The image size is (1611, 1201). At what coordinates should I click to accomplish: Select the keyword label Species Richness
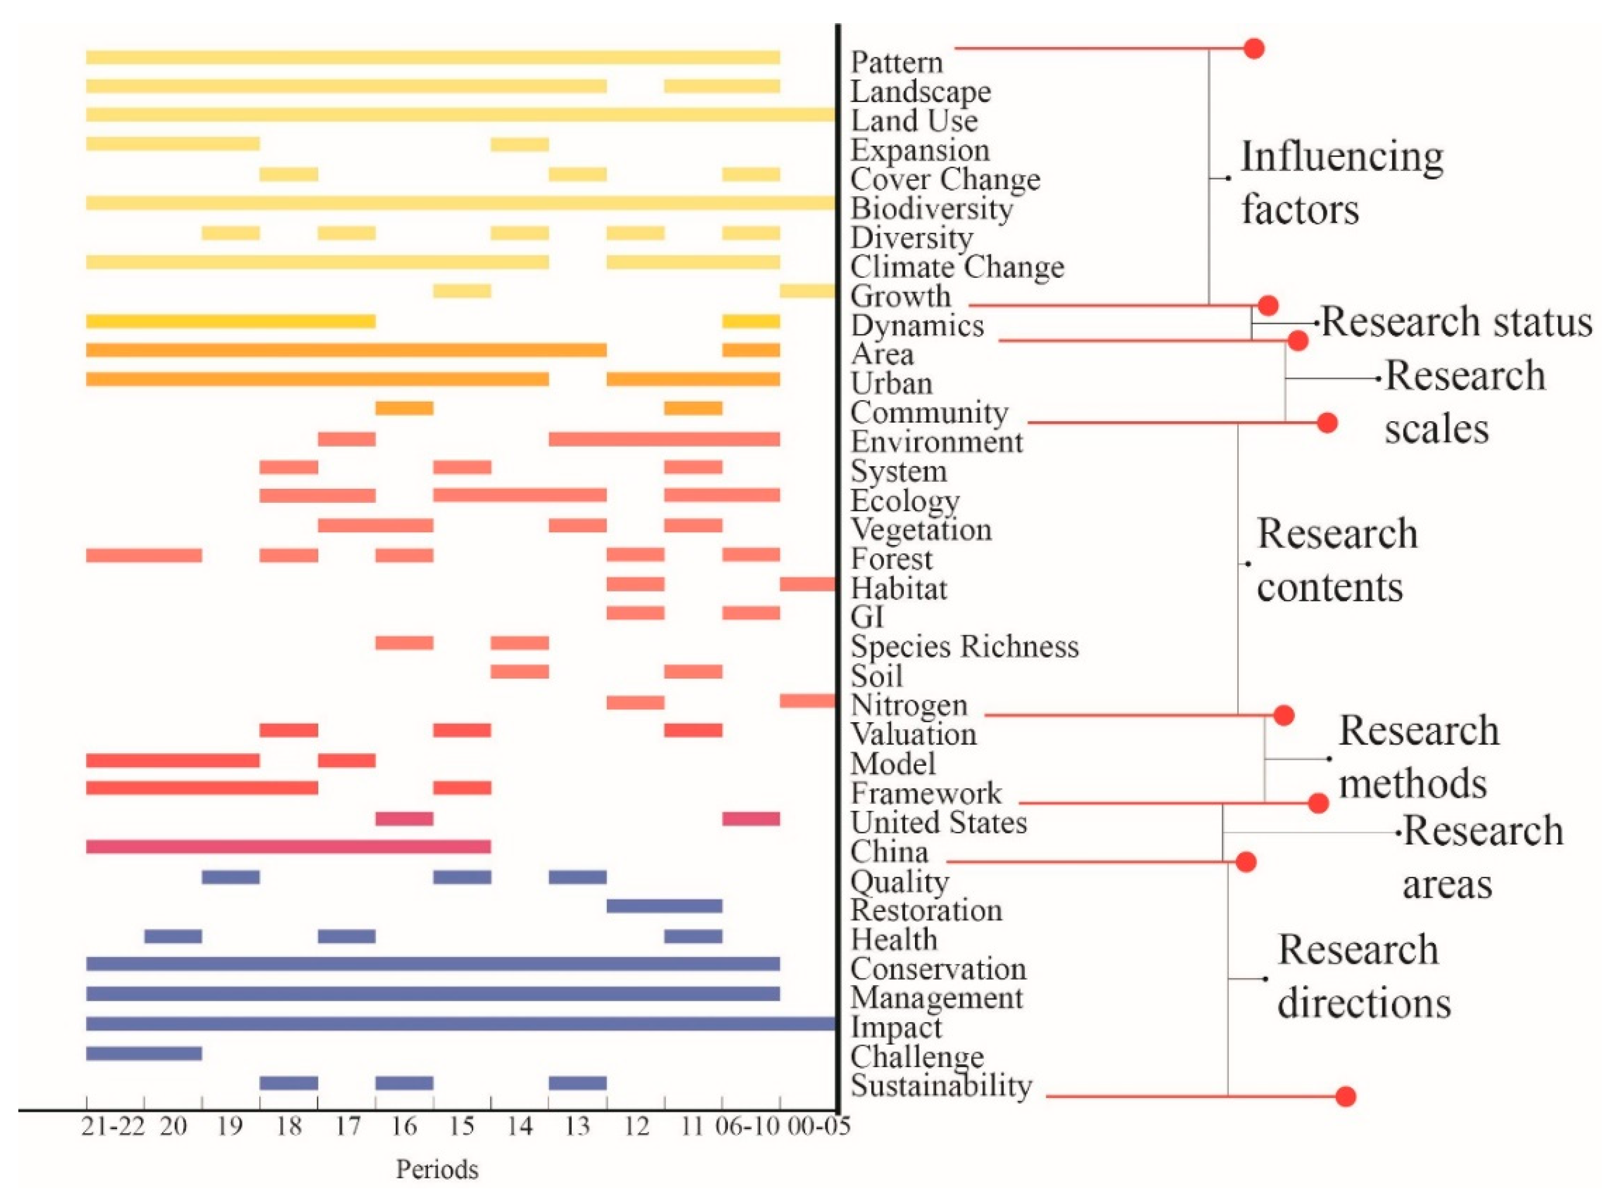coord(964,646)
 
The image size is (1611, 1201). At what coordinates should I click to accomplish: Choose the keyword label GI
coord(867,617)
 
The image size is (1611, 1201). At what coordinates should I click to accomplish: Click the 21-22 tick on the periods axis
coord(113,1127)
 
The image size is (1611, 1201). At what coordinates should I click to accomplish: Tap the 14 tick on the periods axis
coord(519,1127)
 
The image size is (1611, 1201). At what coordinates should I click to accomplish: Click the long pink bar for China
coord(288,846)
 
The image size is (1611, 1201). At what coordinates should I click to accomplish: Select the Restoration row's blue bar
coord(664,906)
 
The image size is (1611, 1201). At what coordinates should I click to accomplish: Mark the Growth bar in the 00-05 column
coord(807,291)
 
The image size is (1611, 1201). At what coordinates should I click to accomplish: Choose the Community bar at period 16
coord(404,408)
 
